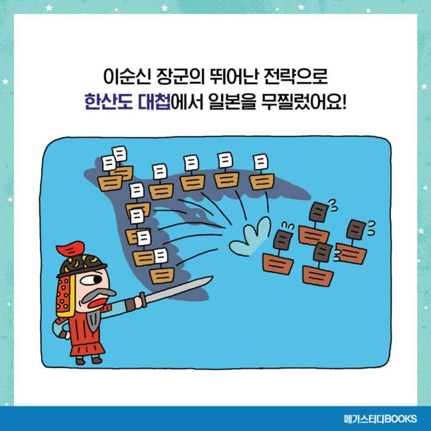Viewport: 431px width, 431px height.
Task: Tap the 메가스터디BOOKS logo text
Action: click(379, 419)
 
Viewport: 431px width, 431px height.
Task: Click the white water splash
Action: click(250, 237)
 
